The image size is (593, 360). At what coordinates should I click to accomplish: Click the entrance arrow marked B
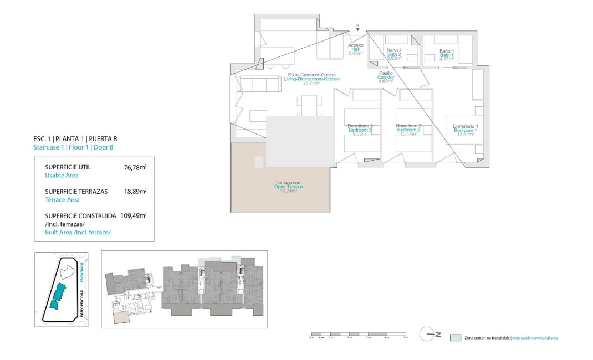point(358,29)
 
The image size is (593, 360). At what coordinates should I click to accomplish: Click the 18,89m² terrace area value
point(135,191)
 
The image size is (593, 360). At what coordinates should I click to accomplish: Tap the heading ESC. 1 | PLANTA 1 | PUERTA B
point(75,139)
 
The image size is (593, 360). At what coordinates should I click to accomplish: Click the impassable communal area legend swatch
point(456,337)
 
